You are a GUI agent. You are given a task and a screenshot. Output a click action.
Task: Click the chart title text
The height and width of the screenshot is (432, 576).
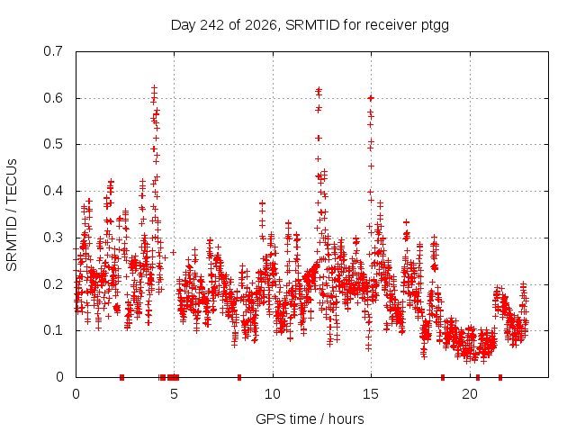[x=310, y=25]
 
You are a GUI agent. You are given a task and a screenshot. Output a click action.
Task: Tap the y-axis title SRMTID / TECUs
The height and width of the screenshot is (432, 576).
[x=12, y=215]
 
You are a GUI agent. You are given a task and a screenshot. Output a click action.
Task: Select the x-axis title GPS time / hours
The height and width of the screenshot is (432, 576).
[x=310, y=419]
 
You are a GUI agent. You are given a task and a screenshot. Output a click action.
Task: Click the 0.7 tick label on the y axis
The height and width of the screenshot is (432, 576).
[x=53, y=51]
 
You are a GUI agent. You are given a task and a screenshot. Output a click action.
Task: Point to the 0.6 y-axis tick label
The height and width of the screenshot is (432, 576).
[x=53, y=98]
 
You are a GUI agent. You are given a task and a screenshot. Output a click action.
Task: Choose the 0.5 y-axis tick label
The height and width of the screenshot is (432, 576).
[x=53, y=144]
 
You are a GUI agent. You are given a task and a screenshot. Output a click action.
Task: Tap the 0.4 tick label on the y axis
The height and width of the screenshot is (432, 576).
[x=53, y=191]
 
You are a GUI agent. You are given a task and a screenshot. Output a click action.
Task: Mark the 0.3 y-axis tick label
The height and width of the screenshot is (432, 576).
[x=53, y=238]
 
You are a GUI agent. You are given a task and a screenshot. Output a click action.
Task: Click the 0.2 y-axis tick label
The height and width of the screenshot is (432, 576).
[x=53, y=284]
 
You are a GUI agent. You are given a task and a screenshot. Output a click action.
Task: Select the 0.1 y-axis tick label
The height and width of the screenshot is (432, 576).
[x=53, y=330]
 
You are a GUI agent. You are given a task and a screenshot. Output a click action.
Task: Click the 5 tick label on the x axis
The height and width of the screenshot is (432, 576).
[x=174, y=394]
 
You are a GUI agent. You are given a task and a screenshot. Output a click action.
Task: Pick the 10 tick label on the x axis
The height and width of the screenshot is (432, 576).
[x=273, y=394]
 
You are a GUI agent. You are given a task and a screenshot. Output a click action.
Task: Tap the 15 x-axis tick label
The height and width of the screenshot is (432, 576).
[x=371, y=394]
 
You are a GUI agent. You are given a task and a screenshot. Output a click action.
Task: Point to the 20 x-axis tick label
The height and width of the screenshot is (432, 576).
[x=470, y=394]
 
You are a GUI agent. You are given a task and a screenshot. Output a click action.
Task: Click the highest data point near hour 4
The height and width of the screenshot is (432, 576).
[x=154, y=88]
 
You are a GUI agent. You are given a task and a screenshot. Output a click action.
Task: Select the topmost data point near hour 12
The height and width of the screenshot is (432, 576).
[x=319, y=89]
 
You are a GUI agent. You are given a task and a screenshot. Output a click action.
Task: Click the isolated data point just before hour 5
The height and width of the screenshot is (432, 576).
[x=173, y=252]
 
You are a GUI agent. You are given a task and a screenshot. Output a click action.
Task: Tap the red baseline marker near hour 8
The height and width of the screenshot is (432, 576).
[x=239, y=377]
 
